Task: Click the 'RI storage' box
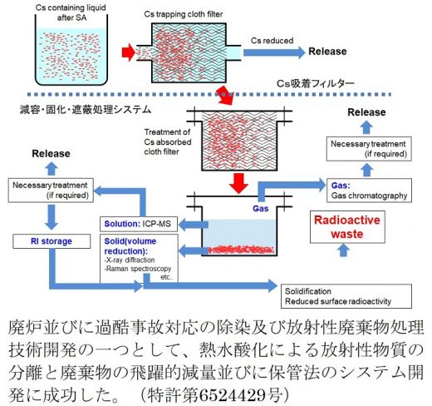tap(52, 241)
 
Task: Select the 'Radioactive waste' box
tap(347, 227)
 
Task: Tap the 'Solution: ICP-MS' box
tap(139, 224)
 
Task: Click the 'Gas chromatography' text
tap(369, 196)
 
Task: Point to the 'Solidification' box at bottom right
tap(346, 296)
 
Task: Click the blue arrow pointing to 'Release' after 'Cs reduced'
tap(274, 52)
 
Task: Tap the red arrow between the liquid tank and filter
tap(129, 52)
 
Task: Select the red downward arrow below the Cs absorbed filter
tap(239, 183)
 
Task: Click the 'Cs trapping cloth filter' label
tap(184, 14)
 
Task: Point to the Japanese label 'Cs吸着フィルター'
tap(316, 83)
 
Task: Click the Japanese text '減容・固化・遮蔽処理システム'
tap(86, 110)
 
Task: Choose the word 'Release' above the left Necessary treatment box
tap(51, 154)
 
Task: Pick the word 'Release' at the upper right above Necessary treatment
tap(366, 112)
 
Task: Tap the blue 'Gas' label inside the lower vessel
tap(261, 209)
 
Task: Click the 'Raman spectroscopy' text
tap(138, 269)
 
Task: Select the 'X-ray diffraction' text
tap(130, 260)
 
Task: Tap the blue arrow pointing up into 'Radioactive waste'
tap(343, 250)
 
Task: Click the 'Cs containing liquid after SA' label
tap(71, 12)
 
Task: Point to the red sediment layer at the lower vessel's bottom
tap(241, 250)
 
